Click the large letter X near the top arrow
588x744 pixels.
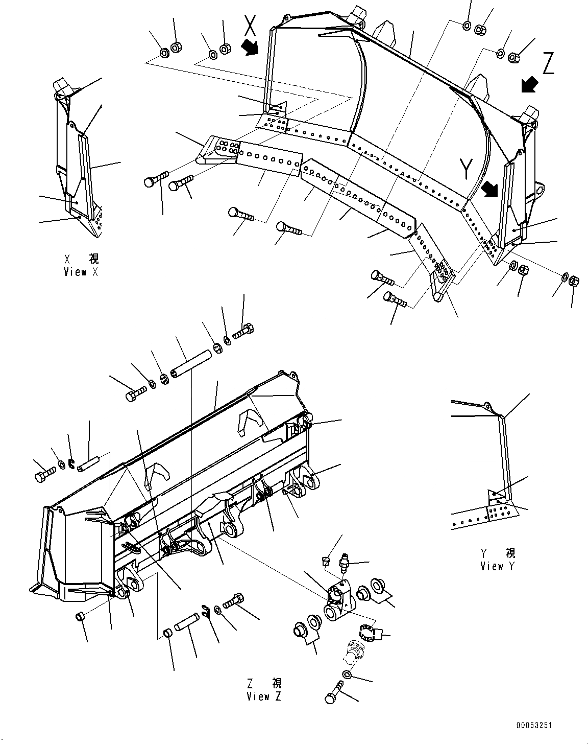[x=250, y=25]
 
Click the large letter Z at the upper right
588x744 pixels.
[x=548, y=64]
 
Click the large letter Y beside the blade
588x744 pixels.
[x=465, y=169]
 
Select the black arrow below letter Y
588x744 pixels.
[x=490, y=190]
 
